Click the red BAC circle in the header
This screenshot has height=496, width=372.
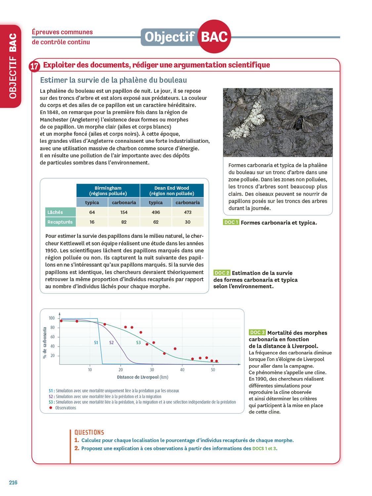click(x=214, y=36)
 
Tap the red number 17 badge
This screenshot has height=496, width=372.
click(x=34, y=66)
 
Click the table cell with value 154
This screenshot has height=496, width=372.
click(x=124, y=212)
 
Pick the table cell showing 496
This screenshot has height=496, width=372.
click(x=156, y=212)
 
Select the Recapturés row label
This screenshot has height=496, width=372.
click(x=60, y=222)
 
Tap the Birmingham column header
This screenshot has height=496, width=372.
click(x=108, y=190)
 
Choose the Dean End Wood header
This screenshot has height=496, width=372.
click(x=172, y=190)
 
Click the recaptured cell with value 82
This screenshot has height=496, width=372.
click(x=124, y=222)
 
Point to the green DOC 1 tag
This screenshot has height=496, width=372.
click(x=231, y=222)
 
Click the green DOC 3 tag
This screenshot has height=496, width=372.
click(x=257, y=332)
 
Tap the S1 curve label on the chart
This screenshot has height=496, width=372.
click(x=96, y=343)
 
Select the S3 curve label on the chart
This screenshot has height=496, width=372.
click(x=139, y=343)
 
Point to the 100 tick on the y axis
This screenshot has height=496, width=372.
click(x=52, y=318)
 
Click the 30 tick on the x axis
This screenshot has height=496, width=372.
click(x=152, y=370)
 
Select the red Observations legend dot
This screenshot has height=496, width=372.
click(x=51, y=408)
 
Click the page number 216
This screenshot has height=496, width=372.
click(x=13, y=482)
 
